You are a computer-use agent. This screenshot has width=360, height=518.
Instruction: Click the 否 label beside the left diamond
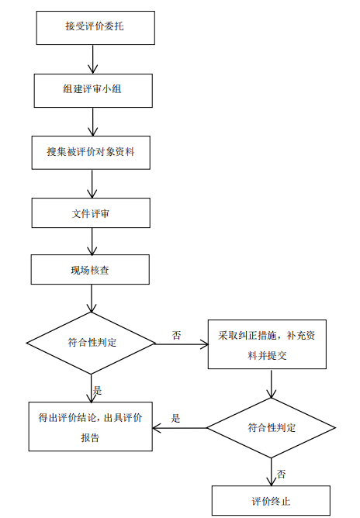pos(177,335)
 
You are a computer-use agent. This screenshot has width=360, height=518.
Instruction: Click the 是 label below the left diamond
pos(97,391)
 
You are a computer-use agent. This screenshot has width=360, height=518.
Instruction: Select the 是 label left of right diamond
pos(175,419)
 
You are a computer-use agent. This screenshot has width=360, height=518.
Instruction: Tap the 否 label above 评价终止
pos(281,475)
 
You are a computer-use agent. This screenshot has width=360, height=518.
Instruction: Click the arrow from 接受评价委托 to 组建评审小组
pos(93,59)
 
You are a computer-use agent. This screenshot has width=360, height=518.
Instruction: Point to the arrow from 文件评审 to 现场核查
pos(92,241)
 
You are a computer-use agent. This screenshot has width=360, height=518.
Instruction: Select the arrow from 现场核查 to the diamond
pos(92,299)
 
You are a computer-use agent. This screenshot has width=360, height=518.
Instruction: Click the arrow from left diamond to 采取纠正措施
pos(182,344)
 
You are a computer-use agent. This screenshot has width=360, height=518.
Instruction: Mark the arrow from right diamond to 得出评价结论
pos(180,429)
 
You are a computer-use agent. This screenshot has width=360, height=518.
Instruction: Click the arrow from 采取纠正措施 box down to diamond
pos(272,384)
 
